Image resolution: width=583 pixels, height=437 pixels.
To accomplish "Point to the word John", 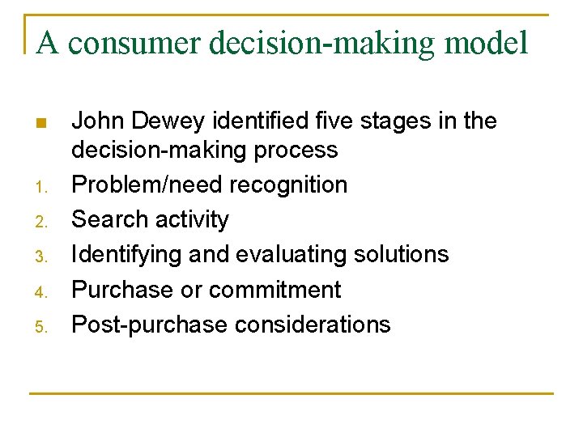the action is point(97,121).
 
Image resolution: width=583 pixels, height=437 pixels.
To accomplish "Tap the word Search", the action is point(105,219).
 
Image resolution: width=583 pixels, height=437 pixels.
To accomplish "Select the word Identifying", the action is point(126,255).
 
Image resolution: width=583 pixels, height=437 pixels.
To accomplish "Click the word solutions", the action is point(396,254).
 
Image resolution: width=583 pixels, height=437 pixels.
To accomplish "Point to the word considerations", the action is point(313,325).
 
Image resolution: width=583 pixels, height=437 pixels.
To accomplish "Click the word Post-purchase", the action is point(150,325).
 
